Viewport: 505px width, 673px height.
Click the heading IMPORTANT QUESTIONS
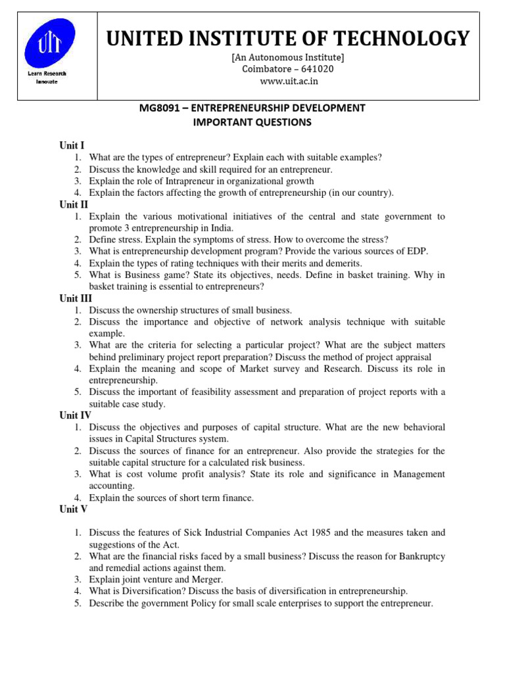click(252, 122)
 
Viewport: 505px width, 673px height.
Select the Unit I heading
click(72, 145)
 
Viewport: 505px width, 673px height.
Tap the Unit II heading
click(74, 204)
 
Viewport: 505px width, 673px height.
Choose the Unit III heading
click(76, 298)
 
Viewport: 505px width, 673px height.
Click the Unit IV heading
click(76, 415)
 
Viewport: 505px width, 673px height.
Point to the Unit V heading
click(74, 509)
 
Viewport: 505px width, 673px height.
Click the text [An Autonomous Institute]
click(287, 58)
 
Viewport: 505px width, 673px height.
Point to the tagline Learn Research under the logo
click(47, 74)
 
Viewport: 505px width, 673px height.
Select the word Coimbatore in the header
click(266, 70)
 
